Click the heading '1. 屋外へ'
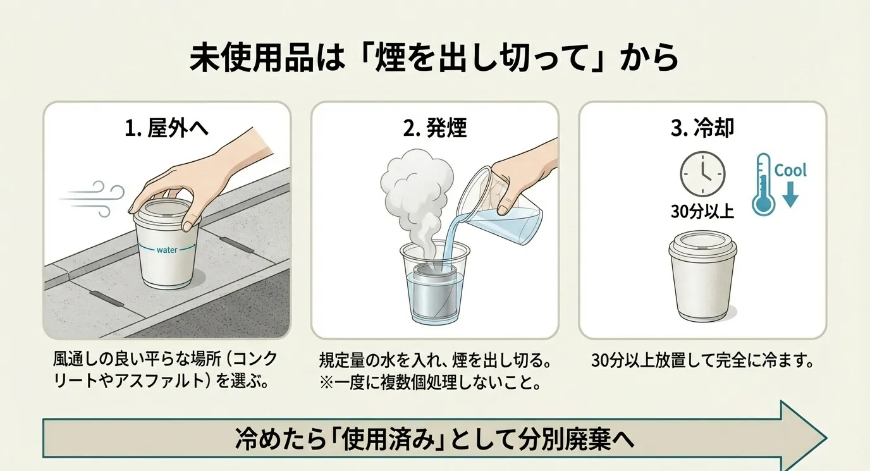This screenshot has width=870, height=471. (x=167, y=128)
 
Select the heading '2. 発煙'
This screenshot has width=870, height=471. (x=434, y=128)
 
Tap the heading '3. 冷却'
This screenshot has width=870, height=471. (x=702, y=128)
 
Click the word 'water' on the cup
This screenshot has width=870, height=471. (x=167, y=250)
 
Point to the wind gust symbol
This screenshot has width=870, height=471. (x=93, y=199)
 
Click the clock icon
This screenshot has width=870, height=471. (x=702, y=174)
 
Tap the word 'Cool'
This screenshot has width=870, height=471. (x=790, y=170)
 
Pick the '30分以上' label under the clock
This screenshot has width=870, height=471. (x=702, y=212)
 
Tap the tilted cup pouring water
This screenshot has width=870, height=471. (x=501, y=206)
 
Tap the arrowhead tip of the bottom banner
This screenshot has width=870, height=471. (x=826, y=438)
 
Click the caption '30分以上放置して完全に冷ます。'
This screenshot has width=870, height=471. (x=702, y=361)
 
